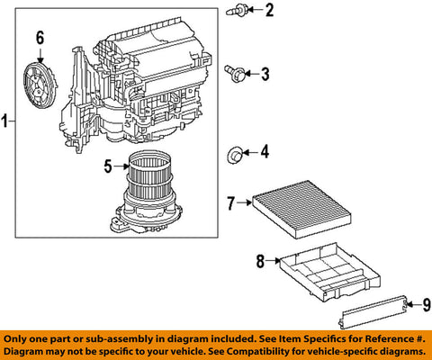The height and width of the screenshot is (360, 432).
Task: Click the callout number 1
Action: point(6,120)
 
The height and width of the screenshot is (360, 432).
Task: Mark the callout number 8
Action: point(259,262)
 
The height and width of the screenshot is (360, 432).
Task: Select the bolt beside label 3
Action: point(236,72)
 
